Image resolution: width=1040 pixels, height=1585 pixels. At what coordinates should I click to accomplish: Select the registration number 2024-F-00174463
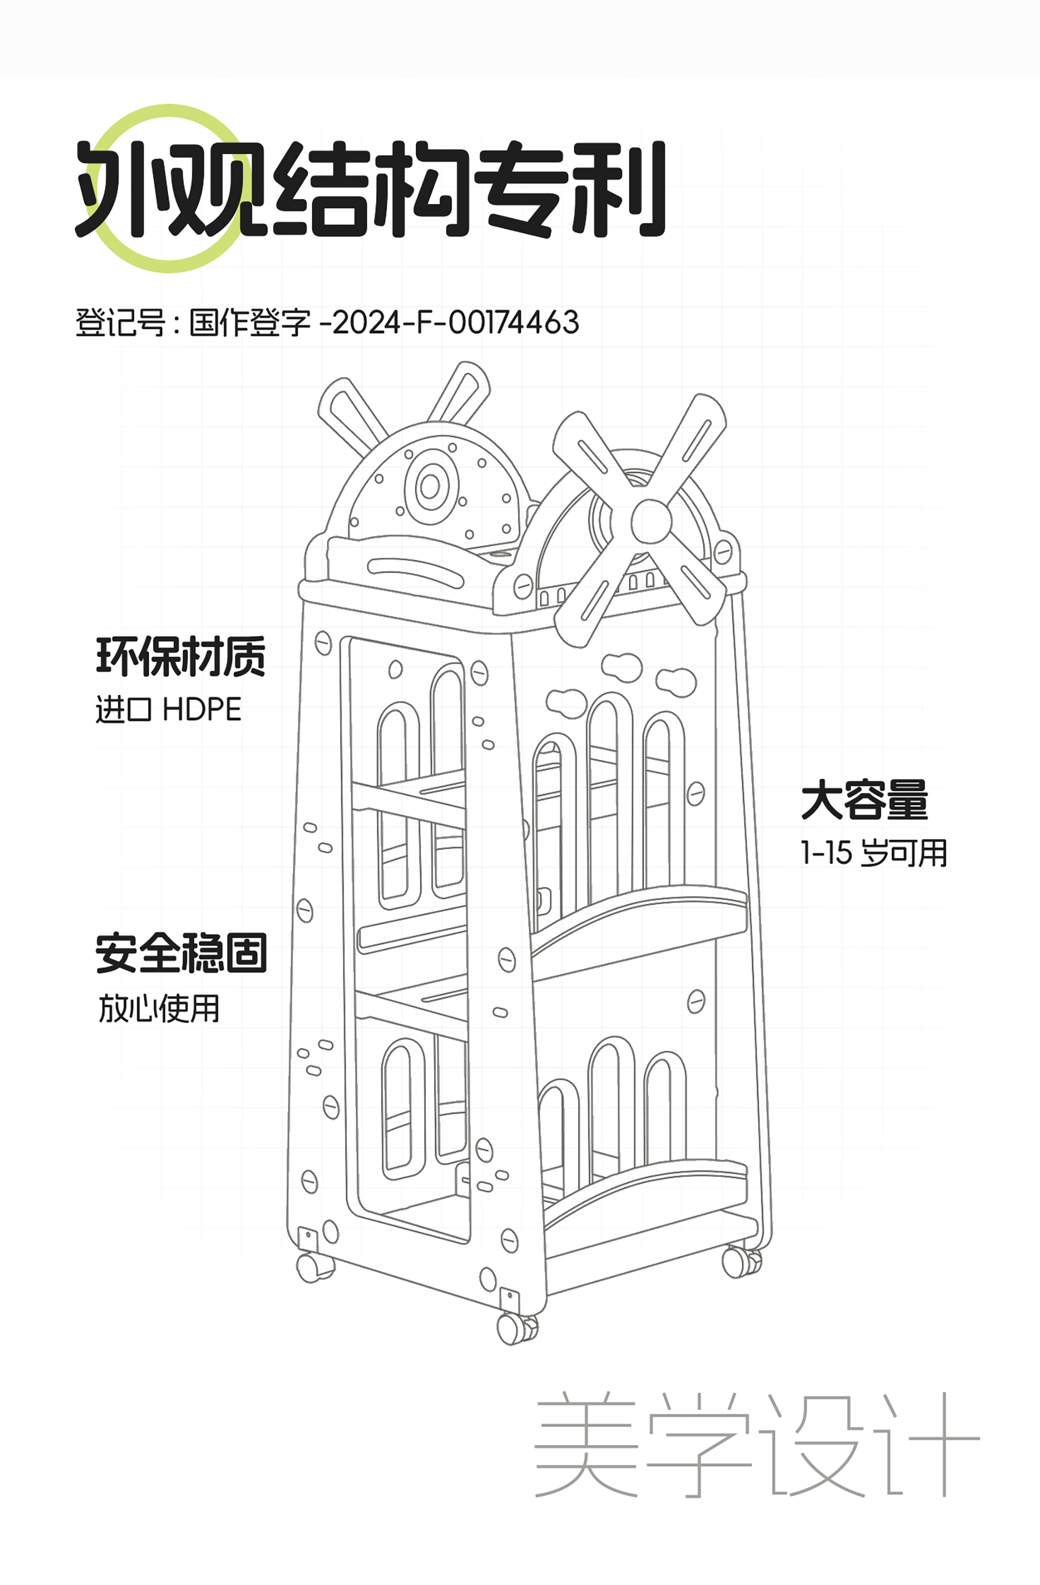[x=456, y=323]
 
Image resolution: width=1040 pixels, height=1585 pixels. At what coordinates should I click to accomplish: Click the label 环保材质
[x=181, y=656]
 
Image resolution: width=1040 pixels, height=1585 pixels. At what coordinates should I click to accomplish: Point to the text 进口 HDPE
[x=168, y=709]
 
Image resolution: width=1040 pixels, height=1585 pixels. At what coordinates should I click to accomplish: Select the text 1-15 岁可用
[x=874, y=853]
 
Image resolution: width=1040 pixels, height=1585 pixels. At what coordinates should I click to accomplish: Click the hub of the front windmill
[x=651, y=521]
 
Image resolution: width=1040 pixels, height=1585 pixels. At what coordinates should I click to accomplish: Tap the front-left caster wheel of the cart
[x=314, y=1267]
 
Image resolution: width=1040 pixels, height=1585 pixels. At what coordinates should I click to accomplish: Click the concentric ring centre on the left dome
[x=430, y=487]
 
